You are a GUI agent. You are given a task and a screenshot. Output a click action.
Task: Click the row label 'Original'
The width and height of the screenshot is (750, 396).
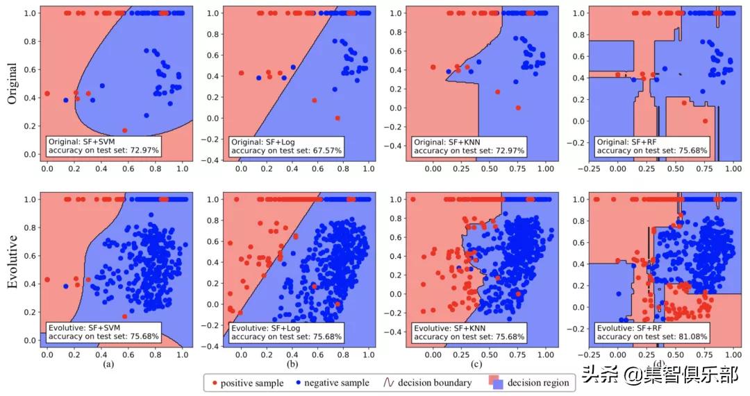(x=12, y=83)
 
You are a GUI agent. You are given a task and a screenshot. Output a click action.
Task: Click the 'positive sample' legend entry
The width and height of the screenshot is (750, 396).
(x=247, y=383)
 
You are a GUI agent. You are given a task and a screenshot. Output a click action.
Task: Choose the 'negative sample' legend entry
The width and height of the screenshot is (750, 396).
(x=334, y=383)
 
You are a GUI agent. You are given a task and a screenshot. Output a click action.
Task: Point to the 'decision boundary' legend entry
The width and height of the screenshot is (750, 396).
(x=428, y=383)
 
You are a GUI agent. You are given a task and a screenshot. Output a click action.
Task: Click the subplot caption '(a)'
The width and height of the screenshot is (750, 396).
(x=108, y=363)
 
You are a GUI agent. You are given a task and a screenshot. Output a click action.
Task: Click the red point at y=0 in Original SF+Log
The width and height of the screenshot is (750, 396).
(x=337, y=118)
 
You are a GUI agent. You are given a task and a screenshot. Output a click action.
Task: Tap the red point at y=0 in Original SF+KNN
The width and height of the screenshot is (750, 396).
(x=518, y=107)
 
